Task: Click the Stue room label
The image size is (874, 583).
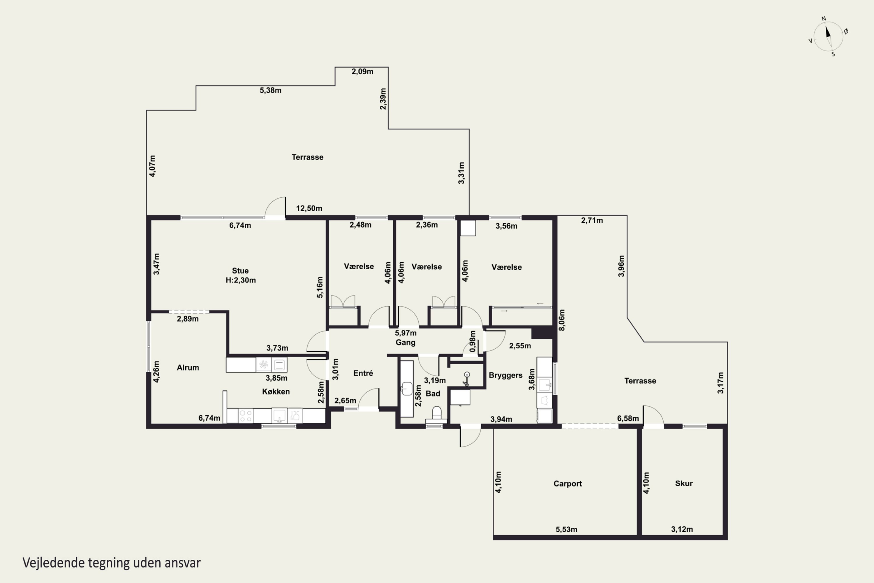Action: (240, 271)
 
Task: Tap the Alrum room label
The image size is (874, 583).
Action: (188, 367)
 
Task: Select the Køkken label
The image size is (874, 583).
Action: (276, 391)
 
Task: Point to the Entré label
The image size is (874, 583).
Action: (363, 373)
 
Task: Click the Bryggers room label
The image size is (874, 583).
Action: (505, 375)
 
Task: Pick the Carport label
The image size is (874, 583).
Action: (568, 484)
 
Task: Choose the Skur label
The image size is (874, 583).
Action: (684, 483)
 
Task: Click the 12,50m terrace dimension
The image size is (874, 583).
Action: (309, 208)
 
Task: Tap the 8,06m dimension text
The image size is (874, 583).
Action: (562, 320)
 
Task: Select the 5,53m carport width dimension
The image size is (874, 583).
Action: (566, 529)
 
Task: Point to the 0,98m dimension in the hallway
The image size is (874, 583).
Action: (472, 341)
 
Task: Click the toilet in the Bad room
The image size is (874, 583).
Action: (437, 415)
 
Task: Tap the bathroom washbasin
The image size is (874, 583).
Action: (407, 389)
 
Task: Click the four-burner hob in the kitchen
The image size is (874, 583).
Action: (245, 416)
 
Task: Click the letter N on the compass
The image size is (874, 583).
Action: (824, 19)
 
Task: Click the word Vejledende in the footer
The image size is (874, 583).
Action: (54, 563)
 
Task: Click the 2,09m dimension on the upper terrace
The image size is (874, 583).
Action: (362, 71)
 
